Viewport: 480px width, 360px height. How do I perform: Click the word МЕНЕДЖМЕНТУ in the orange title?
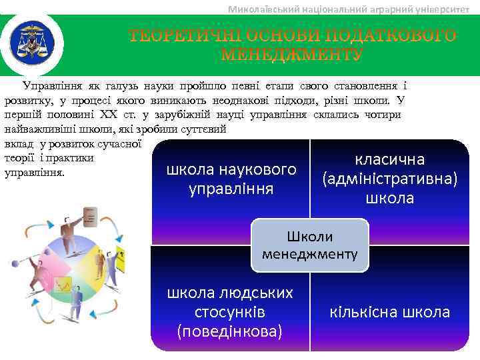point(292,53)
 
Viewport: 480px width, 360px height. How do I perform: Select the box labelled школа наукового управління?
point(231,179)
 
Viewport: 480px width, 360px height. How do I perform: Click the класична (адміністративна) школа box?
point(389,179)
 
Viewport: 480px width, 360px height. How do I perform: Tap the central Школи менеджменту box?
point(309,245)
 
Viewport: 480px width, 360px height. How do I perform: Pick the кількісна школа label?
point(389,312)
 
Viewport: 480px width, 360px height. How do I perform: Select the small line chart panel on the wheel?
point(63,285)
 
